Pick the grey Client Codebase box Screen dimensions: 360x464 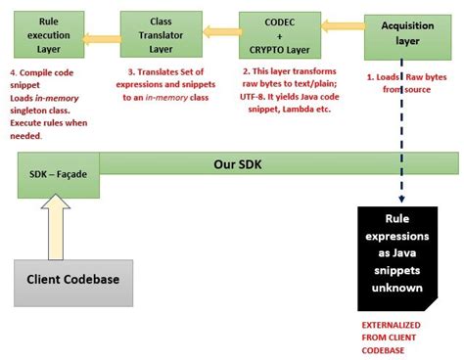73,281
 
